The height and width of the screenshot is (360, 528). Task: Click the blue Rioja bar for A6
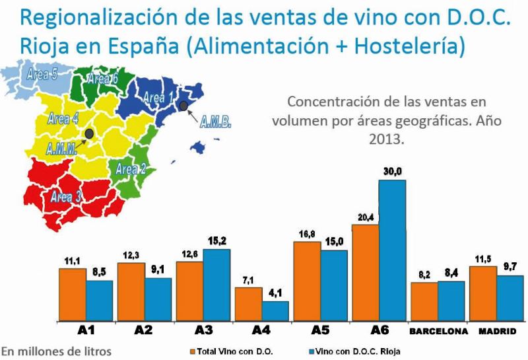click(x=392, y=250)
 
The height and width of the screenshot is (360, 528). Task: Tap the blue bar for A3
click(x=216, y=285)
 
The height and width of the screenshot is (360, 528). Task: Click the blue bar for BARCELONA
click(x=451, y=301)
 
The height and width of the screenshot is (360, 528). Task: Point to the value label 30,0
click(x=392, y=172)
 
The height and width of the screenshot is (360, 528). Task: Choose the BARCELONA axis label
click(x=438, y=331)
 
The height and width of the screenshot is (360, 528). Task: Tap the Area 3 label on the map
click(x=66, y=196)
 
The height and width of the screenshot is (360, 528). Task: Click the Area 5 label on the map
click(x=42, y=74)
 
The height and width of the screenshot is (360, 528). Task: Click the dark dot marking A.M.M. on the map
click(x=89, y=133)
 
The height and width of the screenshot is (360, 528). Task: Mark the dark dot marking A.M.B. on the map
click(x=183, y=106)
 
